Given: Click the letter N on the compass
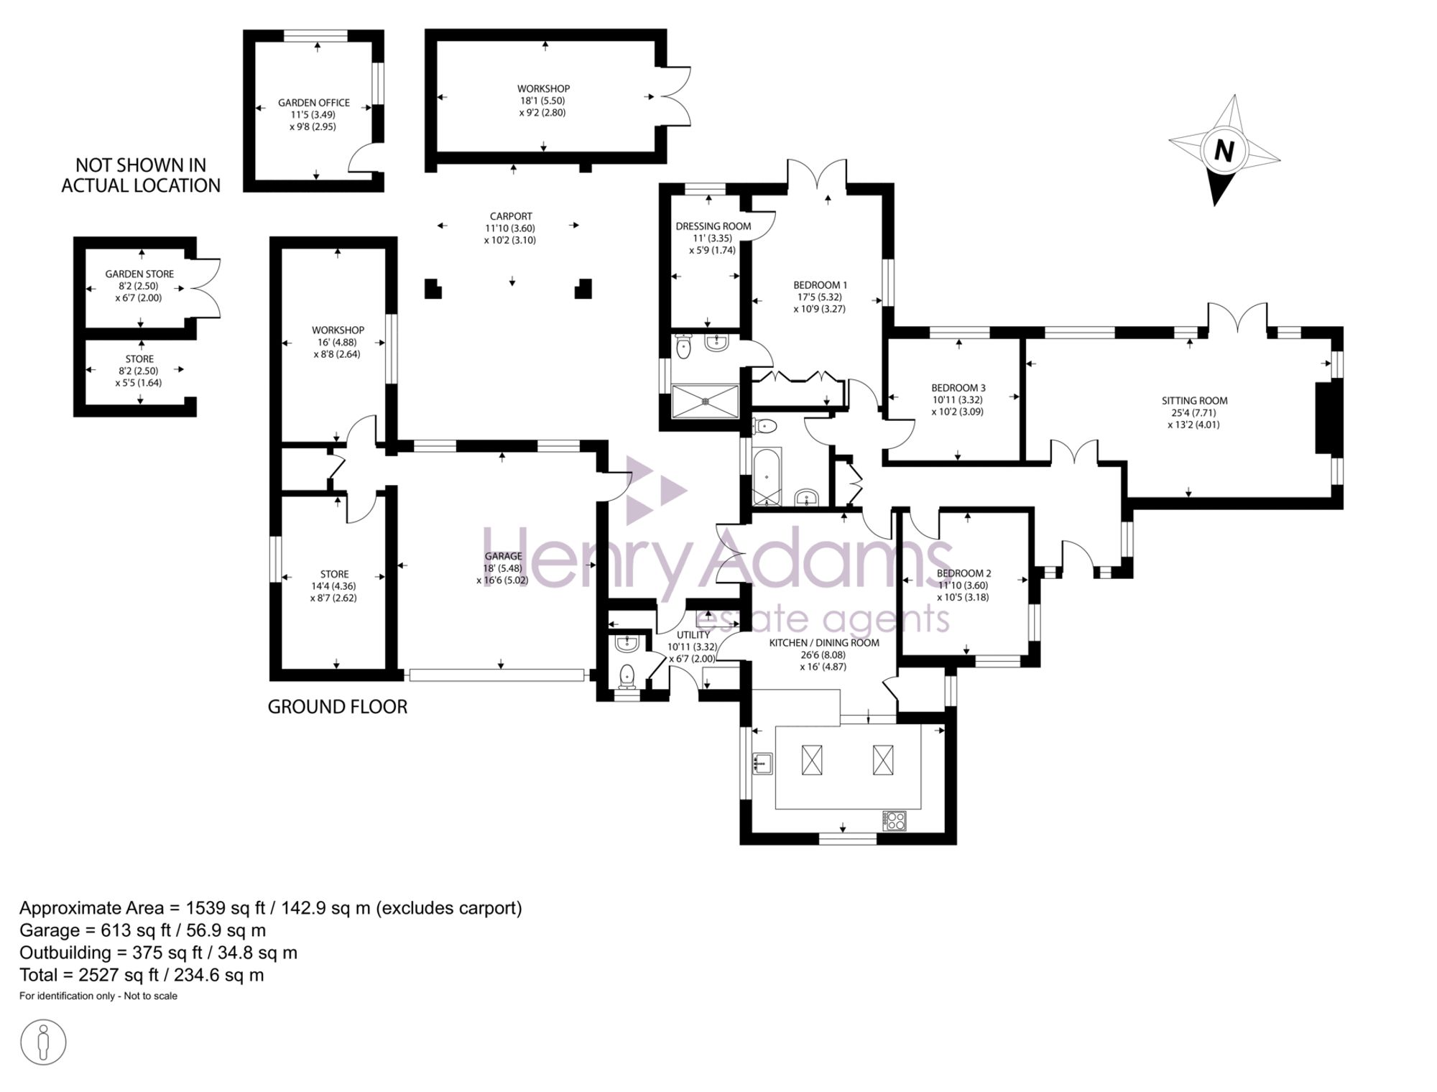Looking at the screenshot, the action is click(1224, 151).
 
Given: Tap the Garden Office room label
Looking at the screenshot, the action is click(314, 103).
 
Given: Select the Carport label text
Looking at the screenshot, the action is click(511, 216).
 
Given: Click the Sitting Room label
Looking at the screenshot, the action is click(1194, 401).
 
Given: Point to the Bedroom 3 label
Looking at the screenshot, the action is click(958, 388).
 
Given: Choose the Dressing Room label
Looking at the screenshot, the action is click(713, 226).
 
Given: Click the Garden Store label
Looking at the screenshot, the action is click(139, 274).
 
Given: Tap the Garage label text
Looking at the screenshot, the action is click(503, 556).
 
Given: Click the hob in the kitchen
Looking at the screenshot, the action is click(895, 820).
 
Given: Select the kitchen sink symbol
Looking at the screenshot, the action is click(762, 763).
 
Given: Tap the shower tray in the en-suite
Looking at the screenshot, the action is click(705, 402).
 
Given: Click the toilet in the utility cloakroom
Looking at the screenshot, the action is click(627, 676).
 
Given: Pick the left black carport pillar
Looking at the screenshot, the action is click(433, 288).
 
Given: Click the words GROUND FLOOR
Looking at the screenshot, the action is click(338, 707).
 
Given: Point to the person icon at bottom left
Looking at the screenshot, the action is click(43, 1042).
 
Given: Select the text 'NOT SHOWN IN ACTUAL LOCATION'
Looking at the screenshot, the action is click(141, 175).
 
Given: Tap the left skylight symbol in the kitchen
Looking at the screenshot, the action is click(813, 760).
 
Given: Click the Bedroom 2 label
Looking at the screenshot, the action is click(964, 573).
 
